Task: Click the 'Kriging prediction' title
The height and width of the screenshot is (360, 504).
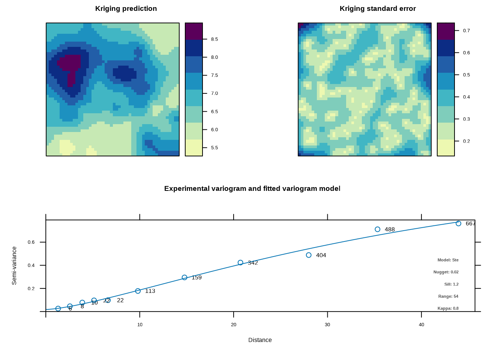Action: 126,9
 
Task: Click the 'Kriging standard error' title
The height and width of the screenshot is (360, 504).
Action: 378,9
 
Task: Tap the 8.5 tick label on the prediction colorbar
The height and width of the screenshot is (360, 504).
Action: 214,39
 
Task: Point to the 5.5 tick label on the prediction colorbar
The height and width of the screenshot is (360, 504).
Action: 214,148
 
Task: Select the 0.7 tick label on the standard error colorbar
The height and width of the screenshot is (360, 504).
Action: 466,31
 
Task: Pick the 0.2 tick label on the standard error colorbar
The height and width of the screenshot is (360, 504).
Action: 466,141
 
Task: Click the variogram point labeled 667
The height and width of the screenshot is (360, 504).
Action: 458,223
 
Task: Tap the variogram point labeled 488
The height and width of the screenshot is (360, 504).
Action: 378,229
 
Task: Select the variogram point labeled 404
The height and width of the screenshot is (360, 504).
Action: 309,255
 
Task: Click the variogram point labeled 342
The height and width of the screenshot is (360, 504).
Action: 240,262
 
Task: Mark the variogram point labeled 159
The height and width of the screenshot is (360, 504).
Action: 184,277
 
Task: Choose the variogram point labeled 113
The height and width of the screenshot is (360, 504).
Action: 138,291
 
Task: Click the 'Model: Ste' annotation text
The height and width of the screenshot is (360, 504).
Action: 448,260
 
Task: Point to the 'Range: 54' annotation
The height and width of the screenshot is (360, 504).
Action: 448,296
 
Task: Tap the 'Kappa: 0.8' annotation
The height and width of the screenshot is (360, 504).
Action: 448,308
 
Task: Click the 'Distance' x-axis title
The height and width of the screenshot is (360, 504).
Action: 260,340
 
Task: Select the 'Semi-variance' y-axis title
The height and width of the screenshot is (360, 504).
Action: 14,265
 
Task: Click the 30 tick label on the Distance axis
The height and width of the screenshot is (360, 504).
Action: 327,325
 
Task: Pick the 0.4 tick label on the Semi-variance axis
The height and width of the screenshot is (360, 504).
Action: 31,265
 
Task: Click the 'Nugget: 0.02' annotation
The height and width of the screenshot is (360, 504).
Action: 446,272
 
